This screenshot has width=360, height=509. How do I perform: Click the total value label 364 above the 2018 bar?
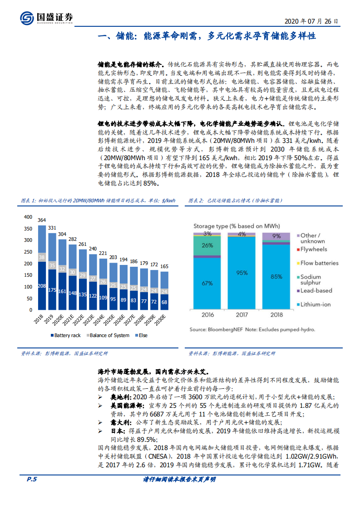click(42, 220)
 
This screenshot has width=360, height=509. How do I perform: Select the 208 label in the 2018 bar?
click(42, 286)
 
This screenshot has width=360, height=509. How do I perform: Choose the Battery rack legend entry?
click(65, 335)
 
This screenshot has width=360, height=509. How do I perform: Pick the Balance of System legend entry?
click(107, 335)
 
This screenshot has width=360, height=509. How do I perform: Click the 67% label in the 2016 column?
click(207, 284)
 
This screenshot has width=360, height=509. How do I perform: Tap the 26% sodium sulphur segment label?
click(207, 246)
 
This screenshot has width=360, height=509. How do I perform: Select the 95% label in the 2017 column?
click(242, 273)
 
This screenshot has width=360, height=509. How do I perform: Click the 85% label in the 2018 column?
click(276, 275)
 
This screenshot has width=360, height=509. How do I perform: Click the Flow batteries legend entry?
click(318, 263)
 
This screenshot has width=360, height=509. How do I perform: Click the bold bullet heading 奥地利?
click(120, 396)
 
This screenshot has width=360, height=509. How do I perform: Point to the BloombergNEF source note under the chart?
click(252, 329)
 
